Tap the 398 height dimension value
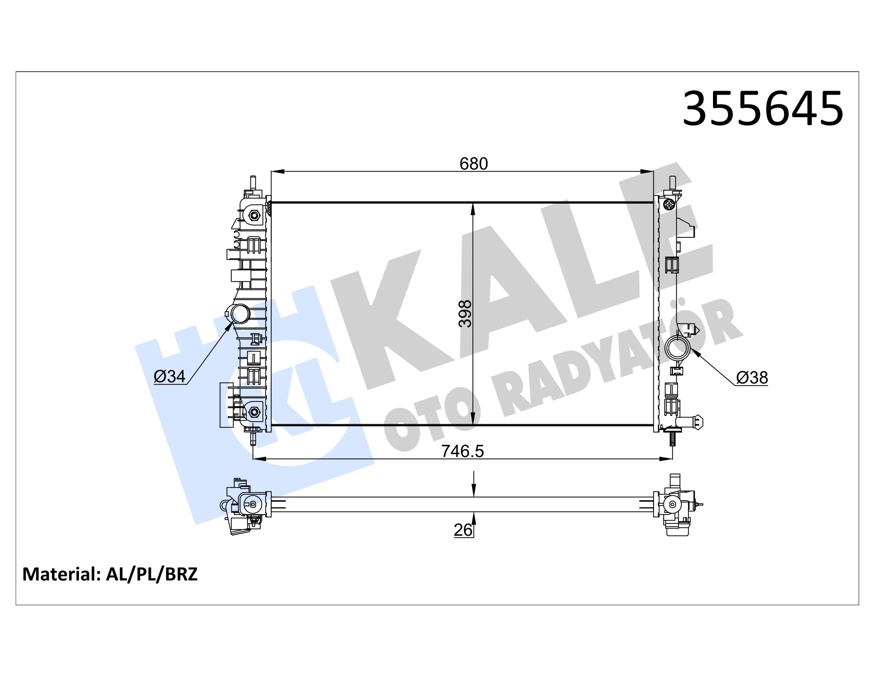pyautogui.click(x=465, y=314)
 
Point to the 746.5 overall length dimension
pyautogui.click(x=462, y=451)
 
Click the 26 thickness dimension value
pyautogui.click(x=463, y=530)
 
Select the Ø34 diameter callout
pyautogui.click(x=170, y=376)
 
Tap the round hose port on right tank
pyautogui.click(x=677, y=348)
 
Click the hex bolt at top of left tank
pyautogui.click(x=254, y=216)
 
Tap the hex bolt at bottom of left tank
pyautogui.click(x=254, y=411)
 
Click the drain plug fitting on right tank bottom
pyautogui.click(x=693, y=422)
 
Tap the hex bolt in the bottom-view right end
pyautogui.click(x=672, y=505)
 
